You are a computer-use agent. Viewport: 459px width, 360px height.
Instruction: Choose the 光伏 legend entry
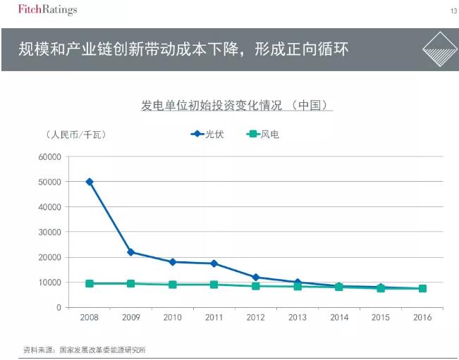(x=207, y=134)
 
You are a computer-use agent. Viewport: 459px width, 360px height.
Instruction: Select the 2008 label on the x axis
(x=90, y=318)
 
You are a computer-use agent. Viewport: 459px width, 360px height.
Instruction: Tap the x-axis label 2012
(x=256, y=318)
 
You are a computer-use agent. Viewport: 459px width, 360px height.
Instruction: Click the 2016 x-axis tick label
(x=422, y=318)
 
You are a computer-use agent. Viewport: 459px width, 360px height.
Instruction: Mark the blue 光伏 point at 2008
(x=90, y=182)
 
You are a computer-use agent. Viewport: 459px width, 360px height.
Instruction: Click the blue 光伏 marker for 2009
(x=131, y=252)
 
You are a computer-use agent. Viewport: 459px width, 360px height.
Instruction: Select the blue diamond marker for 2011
(x=214, y=263)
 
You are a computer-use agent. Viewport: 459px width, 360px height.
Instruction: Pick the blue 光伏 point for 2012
(x=256, y=277)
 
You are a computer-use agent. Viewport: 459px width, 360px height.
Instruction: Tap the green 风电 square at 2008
(x=90, y=283)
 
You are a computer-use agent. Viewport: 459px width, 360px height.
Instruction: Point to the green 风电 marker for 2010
(x=173, y=285)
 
